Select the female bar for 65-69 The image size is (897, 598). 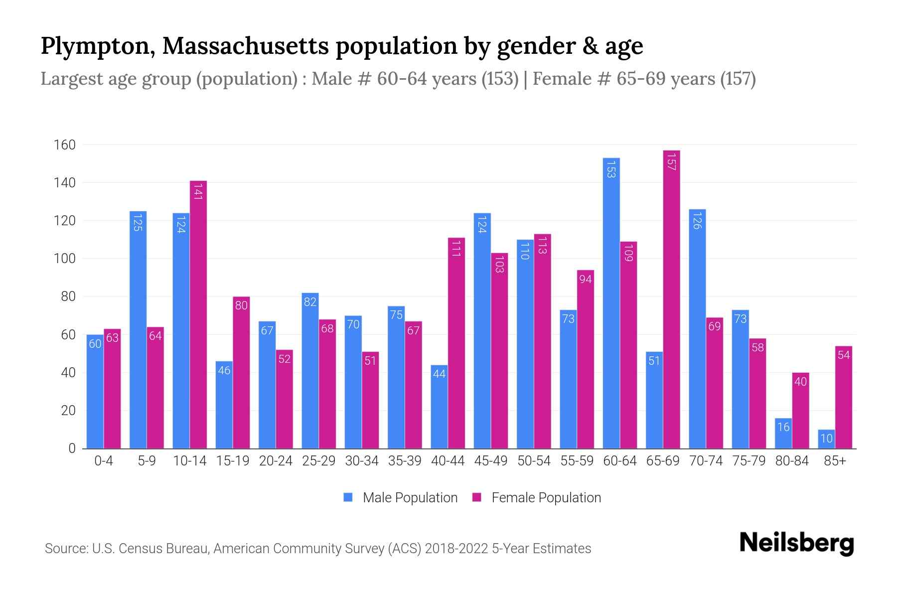point(671,299)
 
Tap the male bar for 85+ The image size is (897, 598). point(826,439)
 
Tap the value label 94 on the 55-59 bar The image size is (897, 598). point(585,279)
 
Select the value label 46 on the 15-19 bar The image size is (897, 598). point(224,370)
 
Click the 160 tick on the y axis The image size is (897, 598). point(64,145)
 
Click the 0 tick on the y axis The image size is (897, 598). point(72,448)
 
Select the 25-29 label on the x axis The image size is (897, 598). point(318,461)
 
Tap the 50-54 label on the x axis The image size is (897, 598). point(534,461)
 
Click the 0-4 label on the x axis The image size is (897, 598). point(104,461)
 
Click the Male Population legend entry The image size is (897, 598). point(401,497)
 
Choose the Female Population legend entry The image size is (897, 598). point(537,497)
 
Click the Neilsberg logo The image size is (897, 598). point(796,543)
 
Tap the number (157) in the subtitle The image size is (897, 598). point(738,79)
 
